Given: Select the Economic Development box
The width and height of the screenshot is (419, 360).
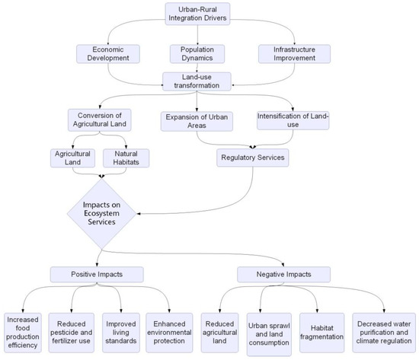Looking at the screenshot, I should click(x=108, y=54).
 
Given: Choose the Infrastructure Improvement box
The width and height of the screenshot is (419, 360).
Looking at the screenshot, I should click(x=293, y=54).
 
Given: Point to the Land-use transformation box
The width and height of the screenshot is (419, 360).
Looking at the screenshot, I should click(x=202, y=81).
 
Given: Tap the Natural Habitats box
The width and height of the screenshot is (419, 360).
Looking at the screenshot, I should click(x=126, y=158).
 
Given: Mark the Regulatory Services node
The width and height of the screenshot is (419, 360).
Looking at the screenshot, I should click(x=252, y=158).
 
